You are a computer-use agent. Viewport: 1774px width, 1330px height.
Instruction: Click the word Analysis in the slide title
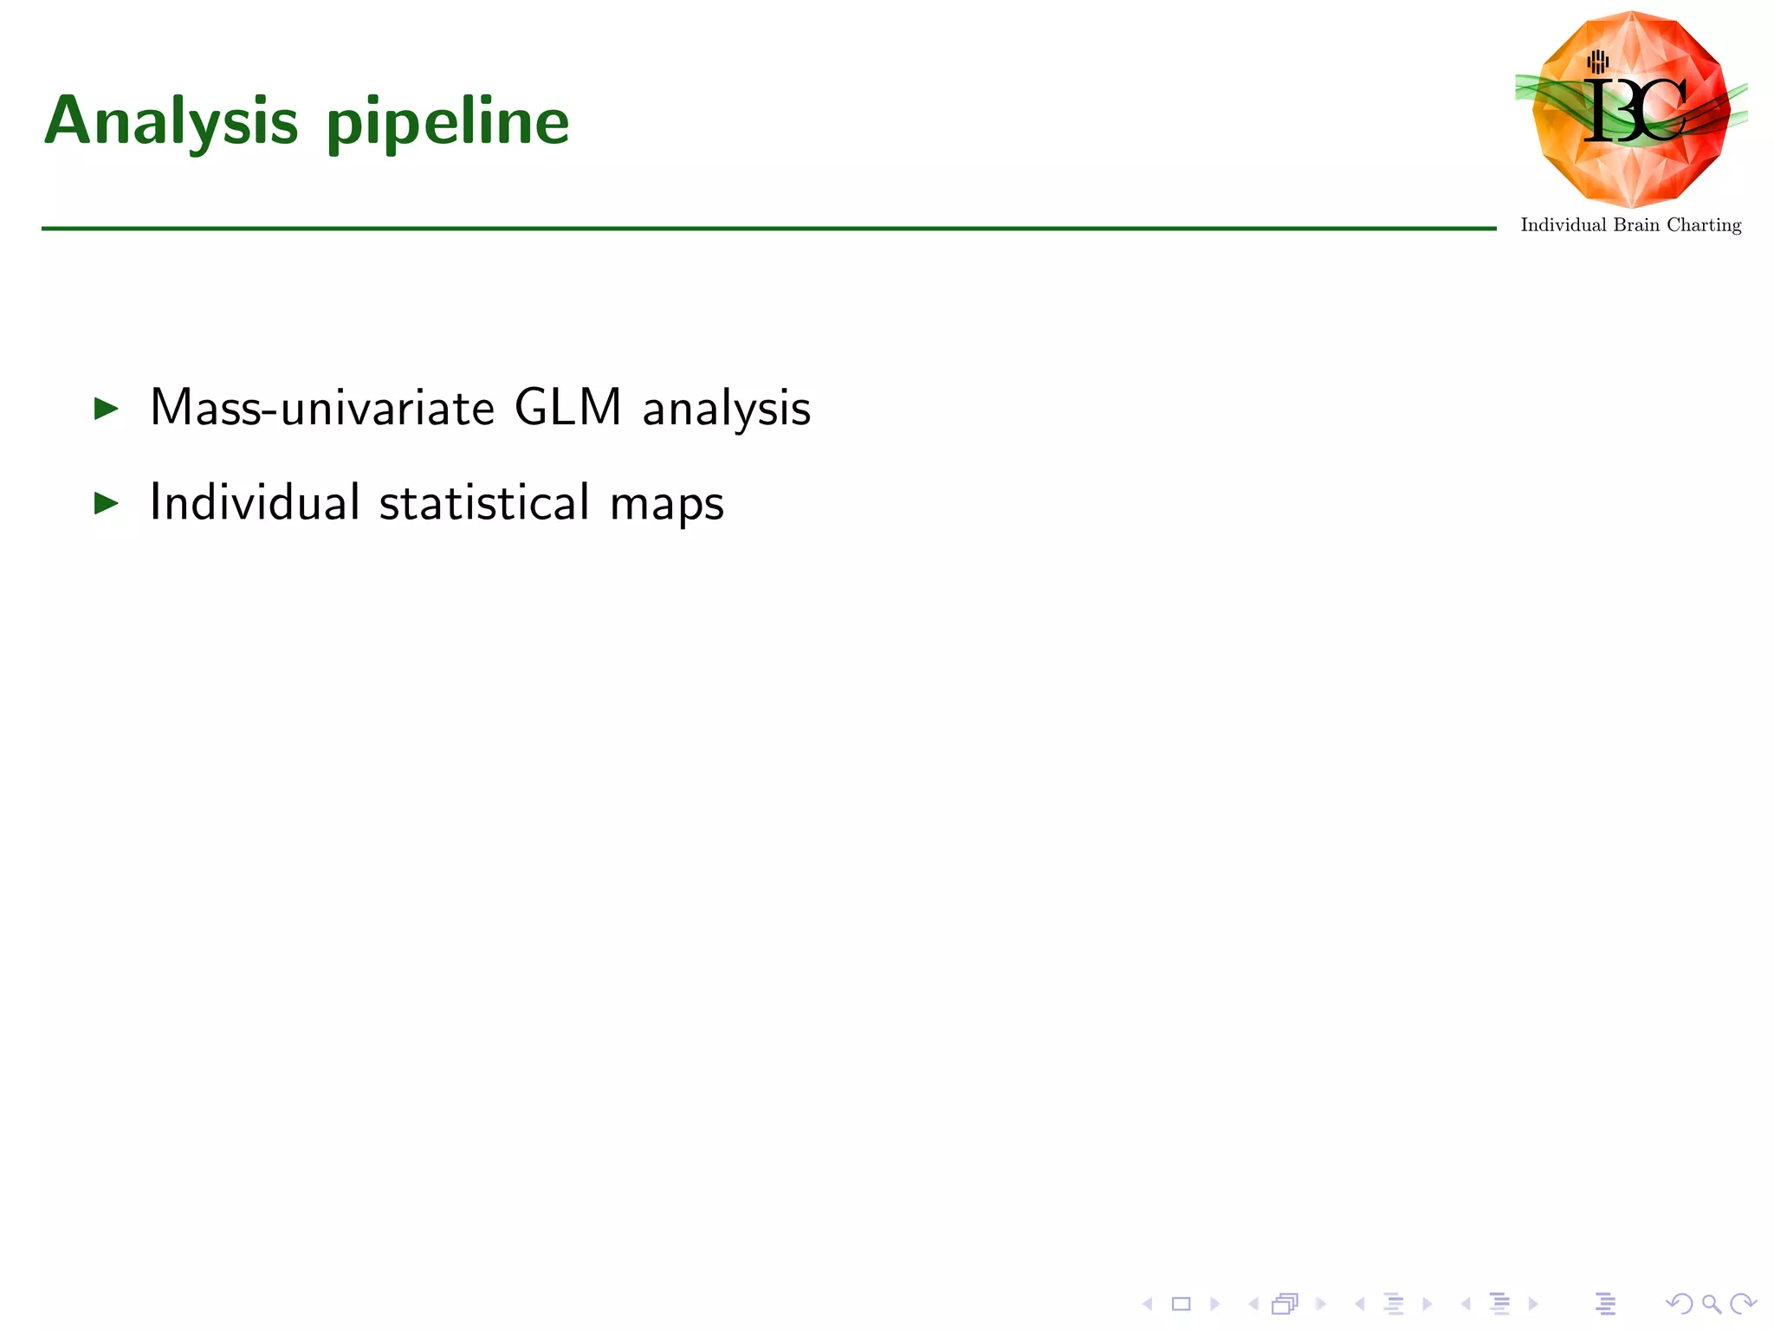pos(172,121)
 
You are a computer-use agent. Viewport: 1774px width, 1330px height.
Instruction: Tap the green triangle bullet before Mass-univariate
pos(106,408)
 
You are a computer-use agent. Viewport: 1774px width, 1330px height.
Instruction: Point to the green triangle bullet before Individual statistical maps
pos(106,502)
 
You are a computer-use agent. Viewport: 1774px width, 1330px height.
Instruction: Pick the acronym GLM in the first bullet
pos(568,407)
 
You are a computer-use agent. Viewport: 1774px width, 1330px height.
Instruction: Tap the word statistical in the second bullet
pos(484,502)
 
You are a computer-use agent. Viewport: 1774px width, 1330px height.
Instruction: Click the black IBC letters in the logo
pos(1635,111)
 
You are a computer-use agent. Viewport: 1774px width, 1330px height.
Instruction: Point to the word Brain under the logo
pos(1636,225)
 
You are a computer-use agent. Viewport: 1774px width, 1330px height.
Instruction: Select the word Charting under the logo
pos(1704,225)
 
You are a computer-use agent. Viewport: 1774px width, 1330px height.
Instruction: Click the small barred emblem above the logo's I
pos(1598,61)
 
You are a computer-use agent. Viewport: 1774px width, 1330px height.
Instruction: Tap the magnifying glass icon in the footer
pos(1711,1303)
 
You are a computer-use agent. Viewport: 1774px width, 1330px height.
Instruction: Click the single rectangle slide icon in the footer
pos(1181,1303)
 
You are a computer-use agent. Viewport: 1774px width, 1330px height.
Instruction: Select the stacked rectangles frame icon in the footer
pos(1285,1303)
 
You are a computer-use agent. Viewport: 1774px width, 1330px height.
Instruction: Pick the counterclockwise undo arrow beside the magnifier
pos(1679,1303)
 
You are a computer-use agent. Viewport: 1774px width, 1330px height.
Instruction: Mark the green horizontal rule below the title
pos(768,229)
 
